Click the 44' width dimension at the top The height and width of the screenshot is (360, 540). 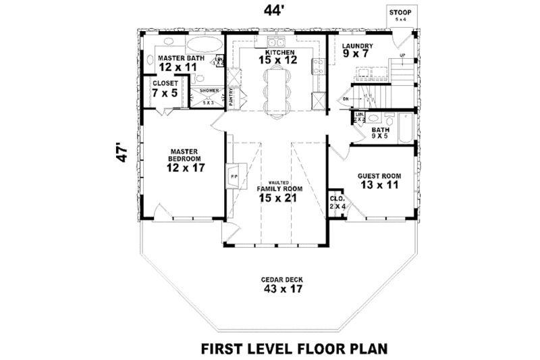click(268, 11)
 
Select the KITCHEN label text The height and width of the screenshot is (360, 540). click(277, 52)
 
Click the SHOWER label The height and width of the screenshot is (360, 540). click(208, 91)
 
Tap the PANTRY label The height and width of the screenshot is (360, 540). click(231, 99)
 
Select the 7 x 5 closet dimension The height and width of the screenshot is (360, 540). click(165, 93)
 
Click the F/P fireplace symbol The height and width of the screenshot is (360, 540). click(234, 176)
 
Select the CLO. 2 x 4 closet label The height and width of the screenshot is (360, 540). click(335, 203)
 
